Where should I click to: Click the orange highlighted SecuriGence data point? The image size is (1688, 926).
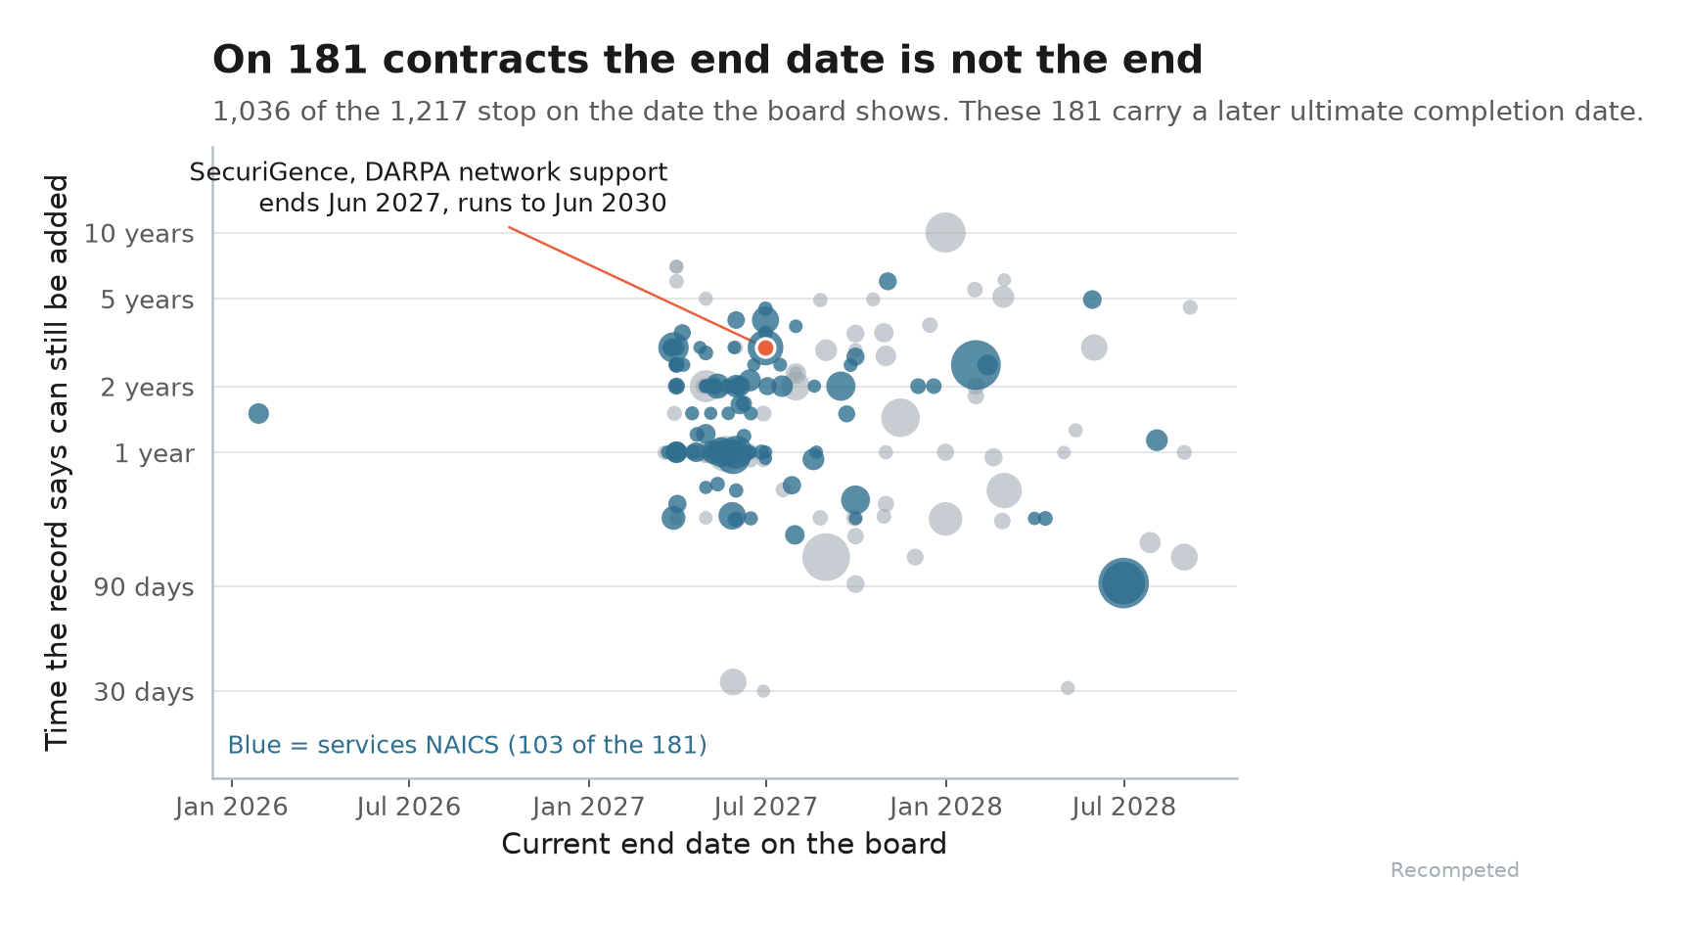[765, 347]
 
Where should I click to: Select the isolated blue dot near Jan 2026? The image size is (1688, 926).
[258, 413]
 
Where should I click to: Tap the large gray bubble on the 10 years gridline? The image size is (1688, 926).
[945, 233]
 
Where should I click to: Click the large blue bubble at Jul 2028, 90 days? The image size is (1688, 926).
[1123, 583]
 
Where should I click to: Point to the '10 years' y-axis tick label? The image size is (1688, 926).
[139, 234]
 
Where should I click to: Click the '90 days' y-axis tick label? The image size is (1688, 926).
[144, 587]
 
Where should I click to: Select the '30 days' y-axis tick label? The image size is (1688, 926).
[144, 692]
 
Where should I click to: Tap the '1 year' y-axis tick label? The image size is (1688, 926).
[155, 453]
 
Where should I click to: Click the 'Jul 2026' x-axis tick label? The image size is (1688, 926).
[408, 807]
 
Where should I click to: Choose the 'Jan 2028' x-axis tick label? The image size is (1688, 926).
[945, 807]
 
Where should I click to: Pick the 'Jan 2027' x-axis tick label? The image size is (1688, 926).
[588, 807]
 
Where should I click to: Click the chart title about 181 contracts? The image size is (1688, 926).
[707, 60]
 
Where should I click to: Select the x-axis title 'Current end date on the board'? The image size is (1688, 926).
[724, 844]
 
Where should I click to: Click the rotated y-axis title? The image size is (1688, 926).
[58, 462]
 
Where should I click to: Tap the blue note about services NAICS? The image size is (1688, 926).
[467, 745]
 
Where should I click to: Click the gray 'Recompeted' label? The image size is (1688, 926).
[1454, 870]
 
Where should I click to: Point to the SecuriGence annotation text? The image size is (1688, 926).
[429, 188]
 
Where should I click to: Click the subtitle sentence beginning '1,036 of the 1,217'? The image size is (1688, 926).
[928, 112]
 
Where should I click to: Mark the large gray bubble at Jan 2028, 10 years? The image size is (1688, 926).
[945, 233]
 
